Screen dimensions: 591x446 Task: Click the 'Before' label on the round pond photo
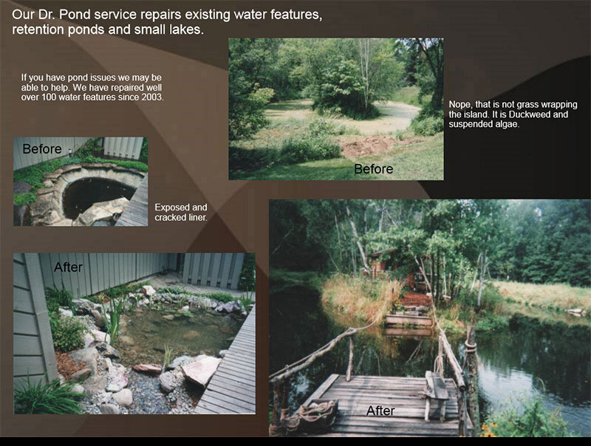(42, 149)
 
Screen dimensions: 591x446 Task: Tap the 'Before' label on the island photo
(374, 169)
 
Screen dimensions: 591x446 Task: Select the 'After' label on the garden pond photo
(68, 267)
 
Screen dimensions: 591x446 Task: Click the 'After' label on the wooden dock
(380, 411)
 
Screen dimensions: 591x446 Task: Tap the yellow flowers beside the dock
(489, 430)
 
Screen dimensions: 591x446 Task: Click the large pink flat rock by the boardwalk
(201, 370)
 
